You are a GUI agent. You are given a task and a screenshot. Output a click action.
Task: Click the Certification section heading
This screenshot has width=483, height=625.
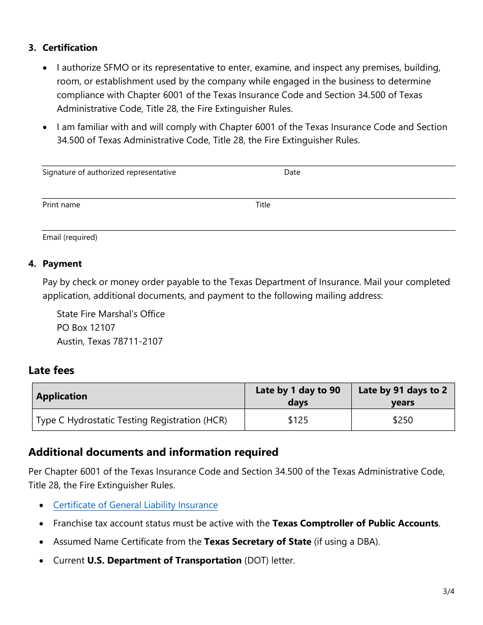point(70,48)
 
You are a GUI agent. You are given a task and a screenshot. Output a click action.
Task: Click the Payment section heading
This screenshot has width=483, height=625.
point(62,264)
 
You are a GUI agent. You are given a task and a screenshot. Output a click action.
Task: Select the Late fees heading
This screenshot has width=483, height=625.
point(51,370)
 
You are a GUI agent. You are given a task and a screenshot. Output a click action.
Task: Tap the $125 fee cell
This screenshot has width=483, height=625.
point(298,420)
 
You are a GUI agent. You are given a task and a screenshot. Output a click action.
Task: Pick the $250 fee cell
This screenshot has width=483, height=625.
point(403,420)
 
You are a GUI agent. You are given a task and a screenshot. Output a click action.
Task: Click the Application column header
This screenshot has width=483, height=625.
point(62,396)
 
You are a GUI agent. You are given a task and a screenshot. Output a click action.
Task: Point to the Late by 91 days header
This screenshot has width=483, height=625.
point(403,396)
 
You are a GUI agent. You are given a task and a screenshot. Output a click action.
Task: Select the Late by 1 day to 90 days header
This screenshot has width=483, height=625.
point(298,396)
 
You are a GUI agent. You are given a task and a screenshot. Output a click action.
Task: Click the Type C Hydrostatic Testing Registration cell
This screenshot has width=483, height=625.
point(132,420)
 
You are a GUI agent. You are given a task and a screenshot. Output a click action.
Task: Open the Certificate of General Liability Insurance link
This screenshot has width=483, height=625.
point(135,505)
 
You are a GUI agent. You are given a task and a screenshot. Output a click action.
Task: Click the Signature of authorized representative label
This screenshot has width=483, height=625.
point(109,172)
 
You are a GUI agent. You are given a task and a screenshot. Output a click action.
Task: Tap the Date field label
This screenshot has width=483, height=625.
point(292,172)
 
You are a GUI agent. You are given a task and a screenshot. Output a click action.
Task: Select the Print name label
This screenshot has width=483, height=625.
point(62,205)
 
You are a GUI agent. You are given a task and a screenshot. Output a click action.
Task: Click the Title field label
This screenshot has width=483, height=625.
point(263,205)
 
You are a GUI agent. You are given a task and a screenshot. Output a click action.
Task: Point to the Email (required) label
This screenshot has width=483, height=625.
point(70,237)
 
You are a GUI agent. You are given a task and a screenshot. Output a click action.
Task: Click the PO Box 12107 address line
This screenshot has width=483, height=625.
point(86,328)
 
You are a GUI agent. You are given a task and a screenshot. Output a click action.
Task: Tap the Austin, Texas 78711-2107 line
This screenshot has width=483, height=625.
point(110,341)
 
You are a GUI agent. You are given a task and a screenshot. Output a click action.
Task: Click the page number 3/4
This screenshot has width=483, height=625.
point(448,591)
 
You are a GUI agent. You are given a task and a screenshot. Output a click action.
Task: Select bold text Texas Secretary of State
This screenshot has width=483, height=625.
point(257,542)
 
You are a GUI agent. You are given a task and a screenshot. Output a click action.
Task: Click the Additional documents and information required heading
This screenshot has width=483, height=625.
point(154,452)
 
